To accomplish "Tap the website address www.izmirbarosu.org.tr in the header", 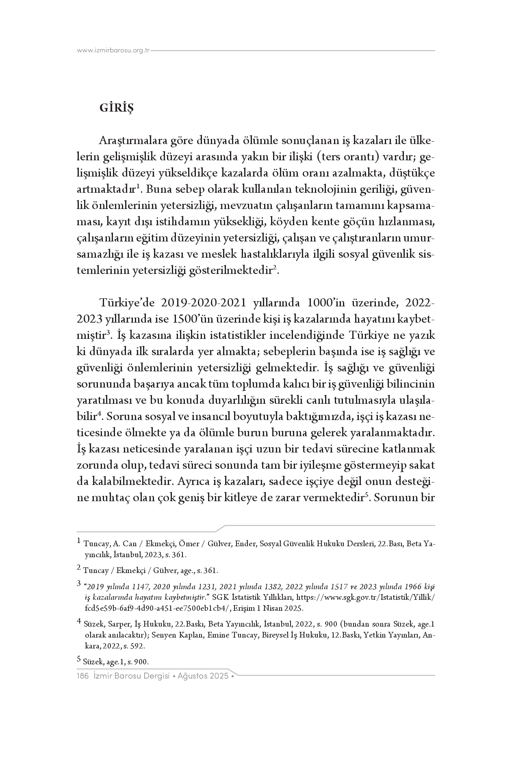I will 113,51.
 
